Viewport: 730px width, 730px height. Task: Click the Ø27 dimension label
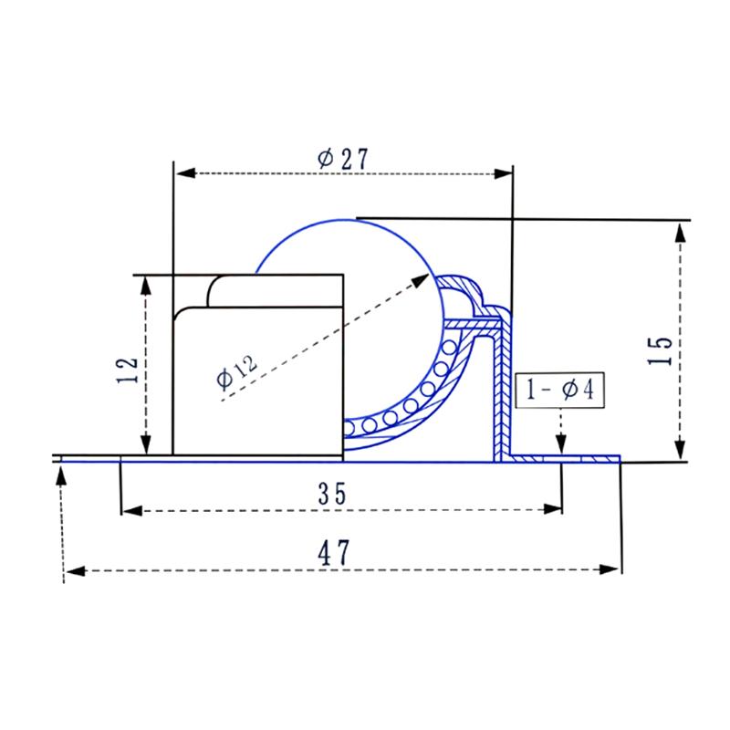342,158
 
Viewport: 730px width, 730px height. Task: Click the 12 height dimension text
128,367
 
